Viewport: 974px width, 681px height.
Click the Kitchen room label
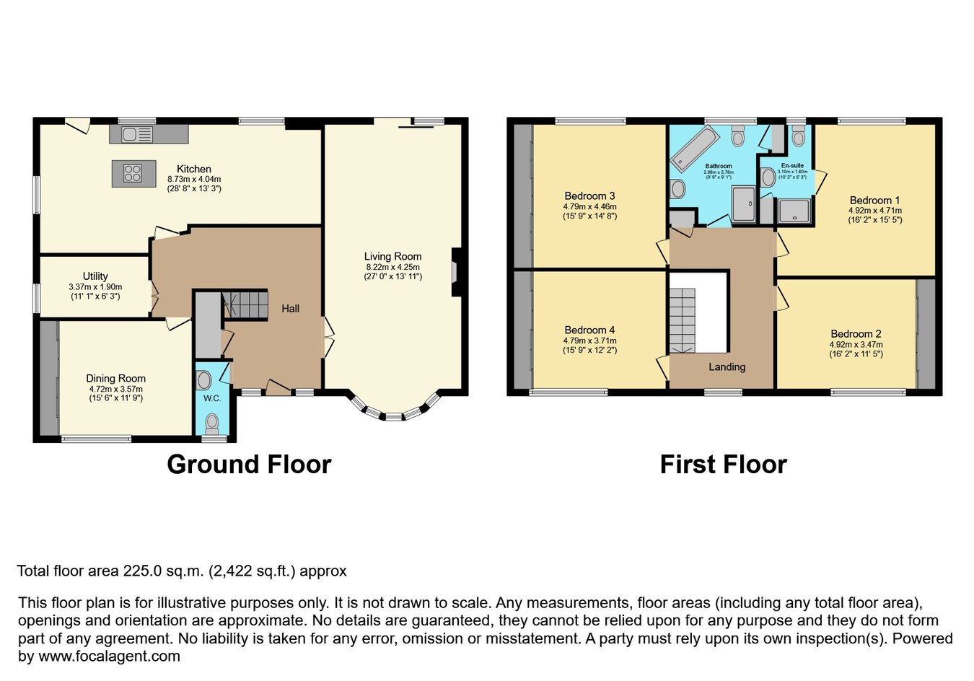[x=194, y=169]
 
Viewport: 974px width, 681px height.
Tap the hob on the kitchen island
[x=133, y=173]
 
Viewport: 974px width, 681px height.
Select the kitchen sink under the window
[x=137, y=134]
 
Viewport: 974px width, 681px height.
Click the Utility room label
[x=95, y=276]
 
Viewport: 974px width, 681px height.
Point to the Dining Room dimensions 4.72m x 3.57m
[x=115, y=389]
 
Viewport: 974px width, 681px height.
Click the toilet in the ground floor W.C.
[x=212, y=424]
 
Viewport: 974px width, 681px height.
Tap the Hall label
[x=291, y=308]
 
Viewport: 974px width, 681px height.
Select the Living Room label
[x=392, y=256]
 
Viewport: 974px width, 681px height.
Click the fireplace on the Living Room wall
[x=457, y=272]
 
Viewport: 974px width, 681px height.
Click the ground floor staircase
[x=245, y=305]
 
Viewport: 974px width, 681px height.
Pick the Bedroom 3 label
[x=589, y=195]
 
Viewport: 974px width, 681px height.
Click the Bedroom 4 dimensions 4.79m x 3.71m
[x=589, y=341]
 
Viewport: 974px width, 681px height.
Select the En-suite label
[x=792, y=165]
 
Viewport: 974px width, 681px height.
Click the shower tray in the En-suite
[x=794, y=211]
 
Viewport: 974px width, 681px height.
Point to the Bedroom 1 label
[x=875, y=200]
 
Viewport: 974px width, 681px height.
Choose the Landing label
[x=727, y=367]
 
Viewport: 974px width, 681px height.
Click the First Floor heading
[x=724, y=465]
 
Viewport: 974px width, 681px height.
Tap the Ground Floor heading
[x=249, y=465]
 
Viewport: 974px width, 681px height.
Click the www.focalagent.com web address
[x=109, y=656]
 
